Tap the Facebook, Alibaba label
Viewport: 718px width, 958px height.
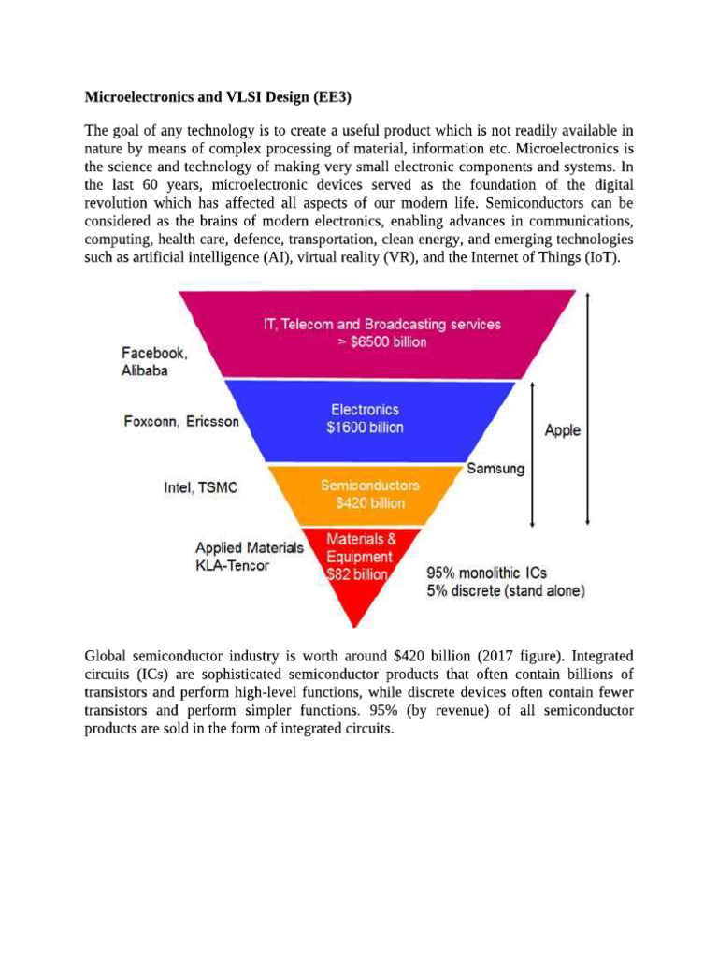[x=154, y=361]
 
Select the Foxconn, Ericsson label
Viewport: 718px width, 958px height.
[x=181, y=421]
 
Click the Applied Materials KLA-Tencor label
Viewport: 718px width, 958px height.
[x=249, y=557]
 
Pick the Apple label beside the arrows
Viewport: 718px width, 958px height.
[x=562, y=430]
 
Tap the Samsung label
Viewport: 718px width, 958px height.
[x=495, y=469]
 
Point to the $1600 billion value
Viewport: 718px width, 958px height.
[x=365, y=427]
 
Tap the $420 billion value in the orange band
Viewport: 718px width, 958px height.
[x=370, y=502]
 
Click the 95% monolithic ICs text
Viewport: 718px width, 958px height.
[x=487, y=573]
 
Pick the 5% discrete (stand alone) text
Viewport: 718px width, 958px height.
[x=506, y=591]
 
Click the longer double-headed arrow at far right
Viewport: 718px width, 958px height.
[x=586, y=408]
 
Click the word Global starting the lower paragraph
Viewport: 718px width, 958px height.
[x=108, y=657]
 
